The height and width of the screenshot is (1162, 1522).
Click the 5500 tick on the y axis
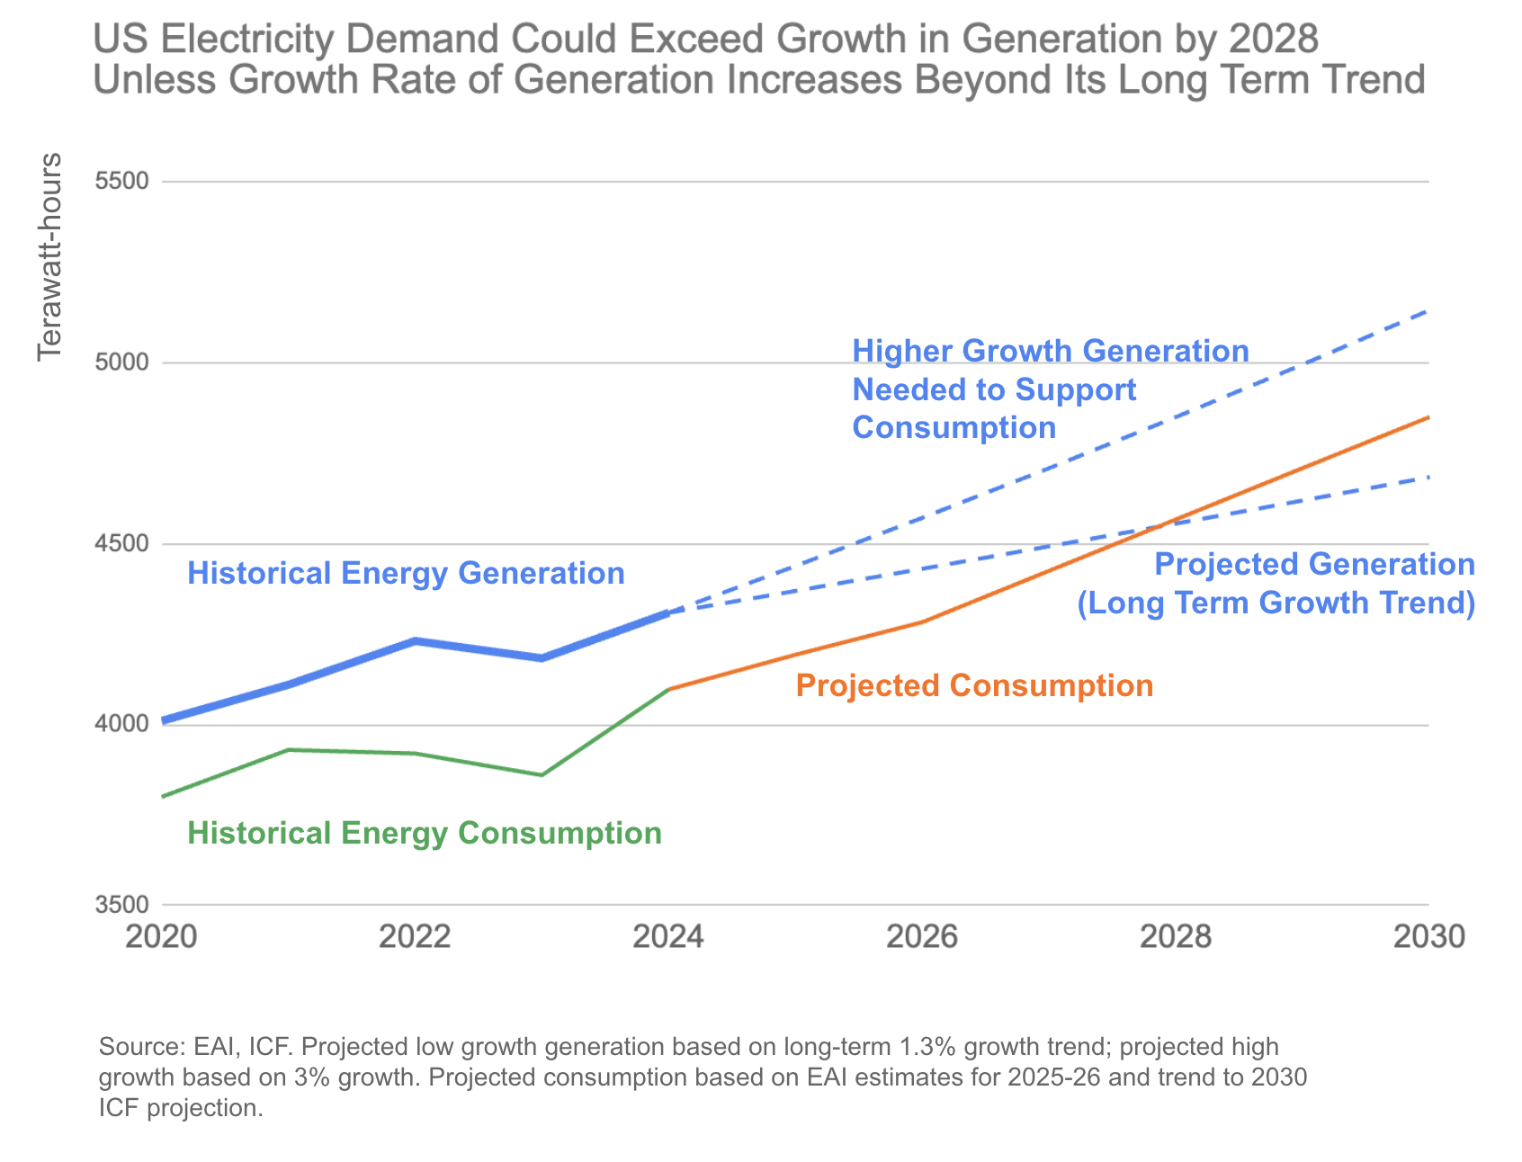coord(121,182)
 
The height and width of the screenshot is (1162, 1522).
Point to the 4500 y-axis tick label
coord(121,544)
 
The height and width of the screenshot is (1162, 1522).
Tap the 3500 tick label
coord(121,906)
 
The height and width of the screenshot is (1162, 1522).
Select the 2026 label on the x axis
coord(922,939)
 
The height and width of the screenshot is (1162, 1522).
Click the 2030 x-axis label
coord(1428,939)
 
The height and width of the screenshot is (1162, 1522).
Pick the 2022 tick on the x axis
coord(415,939)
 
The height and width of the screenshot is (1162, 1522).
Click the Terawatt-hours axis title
coord(51,257)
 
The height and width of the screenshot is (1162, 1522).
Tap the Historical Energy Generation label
coord(406,573)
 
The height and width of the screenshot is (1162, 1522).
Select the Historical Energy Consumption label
coord(425,834)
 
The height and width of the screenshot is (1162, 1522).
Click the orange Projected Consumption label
coord(974,686)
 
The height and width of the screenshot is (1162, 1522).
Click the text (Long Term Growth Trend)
coord(1276,603)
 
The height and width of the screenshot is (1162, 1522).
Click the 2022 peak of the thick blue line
coord(415,640)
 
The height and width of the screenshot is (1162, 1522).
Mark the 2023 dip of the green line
coord(542,774)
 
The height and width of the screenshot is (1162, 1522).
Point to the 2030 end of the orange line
coord(1428,417)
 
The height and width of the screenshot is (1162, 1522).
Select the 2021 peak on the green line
coord(288,749)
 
